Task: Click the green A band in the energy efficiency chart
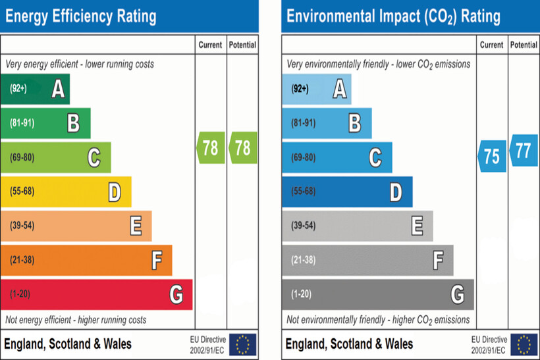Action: coord(36,89)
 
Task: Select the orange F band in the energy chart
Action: coord(86,260)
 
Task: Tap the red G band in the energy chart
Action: coord(96,294)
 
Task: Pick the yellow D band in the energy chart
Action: coord(66,192)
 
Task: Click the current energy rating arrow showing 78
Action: coord(211,147)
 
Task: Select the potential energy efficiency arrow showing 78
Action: coord(242,147)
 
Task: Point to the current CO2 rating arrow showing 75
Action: coord(492,157)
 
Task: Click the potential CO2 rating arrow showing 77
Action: coord(523,151)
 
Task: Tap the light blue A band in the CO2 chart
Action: coord(317,89)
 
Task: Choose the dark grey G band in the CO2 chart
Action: coord(378,294)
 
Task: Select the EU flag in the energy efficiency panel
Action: coord(243,344)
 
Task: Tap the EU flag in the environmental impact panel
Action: coord(524,344)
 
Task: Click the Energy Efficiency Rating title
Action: coord(80,16)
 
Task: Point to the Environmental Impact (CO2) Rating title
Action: coord(393,16)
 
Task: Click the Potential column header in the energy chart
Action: coord(242,45)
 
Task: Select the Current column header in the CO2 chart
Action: coord(492,45)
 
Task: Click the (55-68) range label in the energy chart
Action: coord(22,192)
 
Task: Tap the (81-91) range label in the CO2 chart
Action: coord(304,123)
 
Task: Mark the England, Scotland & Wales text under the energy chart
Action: coord(68,344)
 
